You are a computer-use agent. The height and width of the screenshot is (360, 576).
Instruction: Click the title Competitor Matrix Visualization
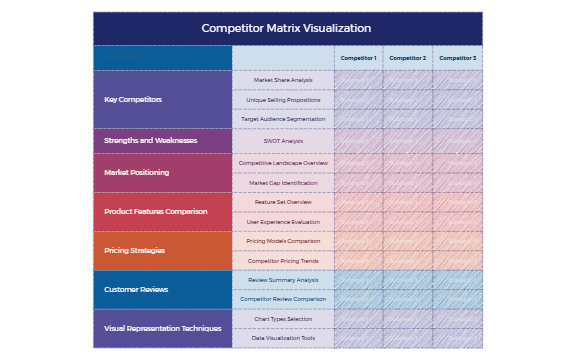[x=286, y=28]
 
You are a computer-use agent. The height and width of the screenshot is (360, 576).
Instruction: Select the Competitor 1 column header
[x=358, y=58]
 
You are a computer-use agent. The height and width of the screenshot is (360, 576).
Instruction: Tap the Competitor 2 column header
[x=407, y=58]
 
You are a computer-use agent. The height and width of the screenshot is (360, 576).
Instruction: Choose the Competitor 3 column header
[x=457, y=58]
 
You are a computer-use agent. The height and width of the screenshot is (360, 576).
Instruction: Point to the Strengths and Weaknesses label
[x=150, y=140]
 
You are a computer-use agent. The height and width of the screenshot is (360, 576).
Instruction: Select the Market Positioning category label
[x=137, y=172]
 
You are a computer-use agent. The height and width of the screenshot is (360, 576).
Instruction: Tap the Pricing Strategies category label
[x=135, y=250]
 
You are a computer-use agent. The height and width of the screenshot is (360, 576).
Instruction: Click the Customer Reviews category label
[x=136, y=289]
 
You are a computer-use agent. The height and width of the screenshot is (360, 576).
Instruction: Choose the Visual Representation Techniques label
[x=162, y=328]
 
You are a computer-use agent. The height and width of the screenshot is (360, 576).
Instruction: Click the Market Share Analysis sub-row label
[x=283, y=80]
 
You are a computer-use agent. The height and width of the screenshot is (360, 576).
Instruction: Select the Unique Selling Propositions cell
[x=283, y=100]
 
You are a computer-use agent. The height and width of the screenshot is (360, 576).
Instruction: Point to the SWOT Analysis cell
[x=283, y=141]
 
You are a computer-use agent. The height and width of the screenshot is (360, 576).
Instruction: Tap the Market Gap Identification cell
[x=283, y=183]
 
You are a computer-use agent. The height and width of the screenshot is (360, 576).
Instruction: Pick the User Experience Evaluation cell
[x=283, y=221]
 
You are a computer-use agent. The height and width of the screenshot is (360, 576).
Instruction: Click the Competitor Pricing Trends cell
[x=283, y=260]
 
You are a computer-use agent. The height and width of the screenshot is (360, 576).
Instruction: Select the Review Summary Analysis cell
[x=283, y=280]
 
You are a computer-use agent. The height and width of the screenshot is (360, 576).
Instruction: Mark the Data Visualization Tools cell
[x=283, y=338]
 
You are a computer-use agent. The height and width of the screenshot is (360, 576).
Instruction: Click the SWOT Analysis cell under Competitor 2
[x=407, y=141]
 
